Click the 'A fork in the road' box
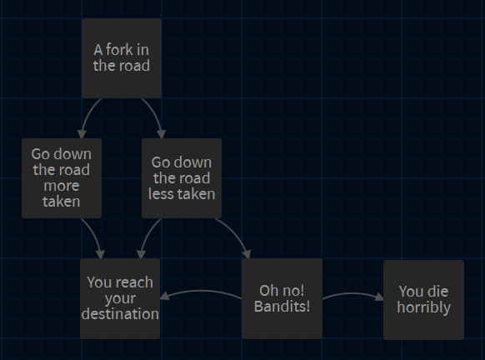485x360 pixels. (122, 58)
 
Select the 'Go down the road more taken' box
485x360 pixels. (62, 178)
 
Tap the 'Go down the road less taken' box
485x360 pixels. (182, 178)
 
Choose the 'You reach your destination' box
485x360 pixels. (120, 298)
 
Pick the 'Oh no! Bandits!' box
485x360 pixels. (282, 298)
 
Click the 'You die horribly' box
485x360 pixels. (424, 300)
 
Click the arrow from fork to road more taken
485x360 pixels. (88, 115)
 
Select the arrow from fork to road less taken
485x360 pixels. (154, 115)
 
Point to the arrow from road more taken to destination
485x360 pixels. (94, 236)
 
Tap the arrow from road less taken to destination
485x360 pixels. (147, 236)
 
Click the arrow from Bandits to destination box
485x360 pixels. (201, 291)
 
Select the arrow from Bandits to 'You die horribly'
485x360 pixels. (352, 293)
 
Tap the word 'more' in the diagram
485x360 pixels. (62, 186)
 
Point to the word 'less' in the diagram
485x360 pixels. (161, 194)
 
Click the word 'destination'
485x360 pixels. (120, 314)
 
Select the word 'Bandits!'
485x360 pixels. (282, 307)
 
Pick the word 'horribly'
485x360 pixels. (424, 307)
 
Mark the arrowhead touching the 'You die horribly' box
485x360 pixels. (379, 297)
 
